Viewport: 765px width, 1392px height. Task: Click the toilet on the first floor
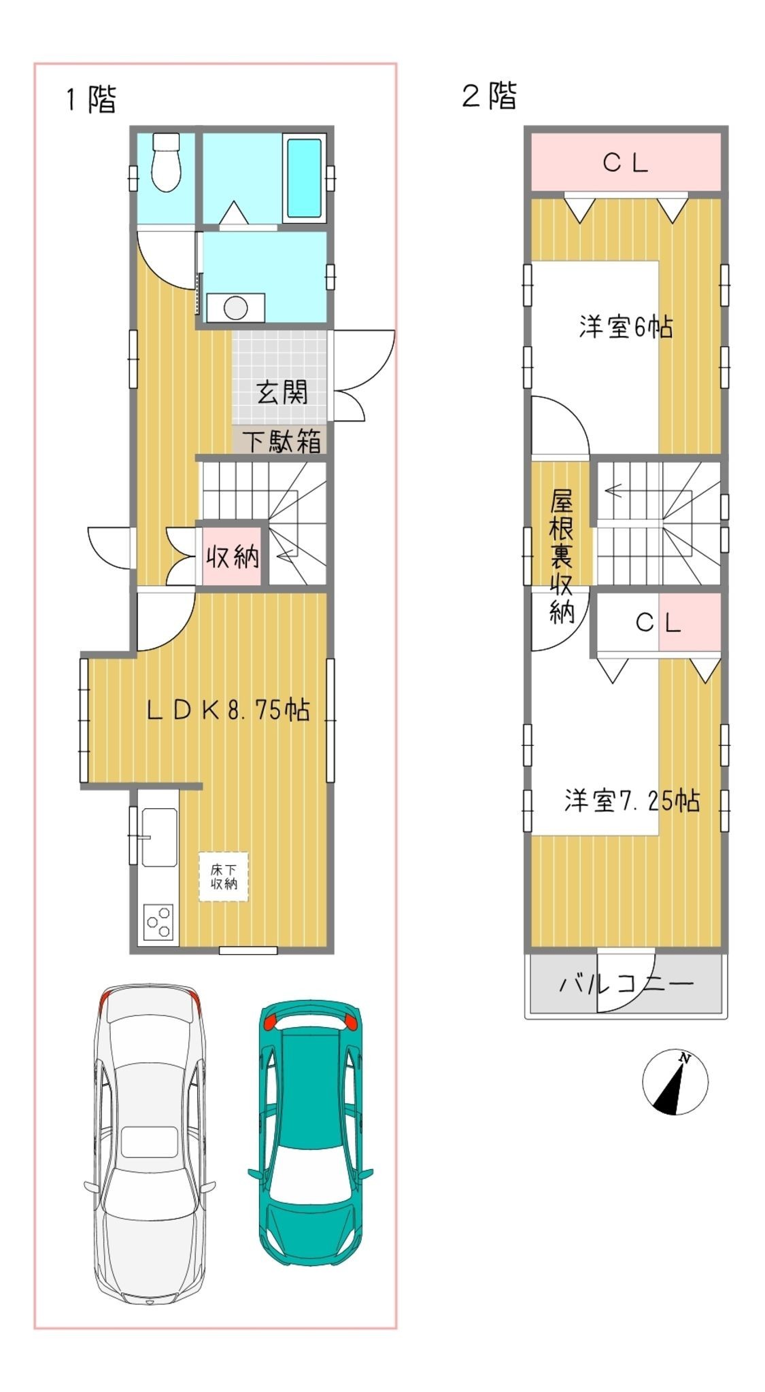[165, 162]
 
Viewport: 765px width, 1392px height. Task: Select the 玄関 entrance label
[282, 392]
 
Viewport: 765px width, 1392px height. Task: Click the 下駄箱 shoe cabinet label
[282, 442]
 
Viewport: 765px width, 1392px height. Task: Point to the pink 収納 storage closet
[232, 557]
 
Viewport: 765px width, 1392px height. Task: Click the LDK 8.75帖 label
[228, 710]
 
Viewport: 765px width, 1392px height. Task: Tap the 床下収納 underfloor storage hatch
[224, 877]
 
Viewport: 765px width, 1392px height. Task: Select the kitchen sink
[159, 837]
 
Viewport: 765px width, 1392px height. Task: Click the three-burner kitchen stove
[158, 922]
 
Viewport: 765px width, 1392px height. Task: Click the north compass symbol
[675, 1083]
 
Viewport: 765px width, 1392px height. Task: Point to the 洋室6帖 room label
[626, 327]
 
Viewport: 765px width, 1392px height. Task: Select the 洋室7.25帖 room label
[632, 801]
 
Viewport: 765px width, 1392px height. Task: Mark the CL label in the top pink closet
[626, 163]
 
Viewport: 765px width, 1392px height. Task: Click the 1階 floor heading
[90, 99]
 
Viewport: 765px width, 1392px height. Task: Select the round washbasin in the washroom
[235, 307]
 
